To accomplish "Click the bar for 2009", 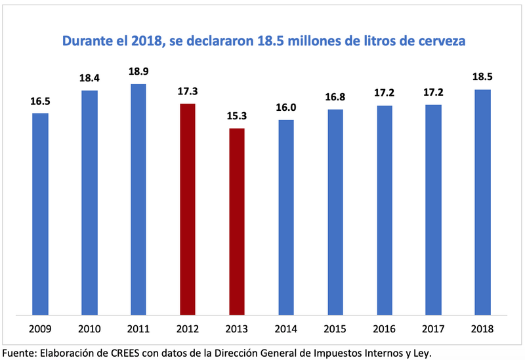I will [40, 214].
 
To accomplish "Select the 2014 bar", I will [285, 217].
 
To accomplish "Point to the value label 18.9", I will [138, 71].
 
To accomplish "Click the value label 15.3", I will [236, 115].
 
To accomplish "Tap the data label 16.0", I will [285, 107].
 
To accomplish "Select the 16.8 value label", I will [335, 96].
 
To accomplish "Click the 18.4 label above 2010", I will [89, 78].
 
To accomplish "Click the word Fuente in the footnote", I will [20, 352].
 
